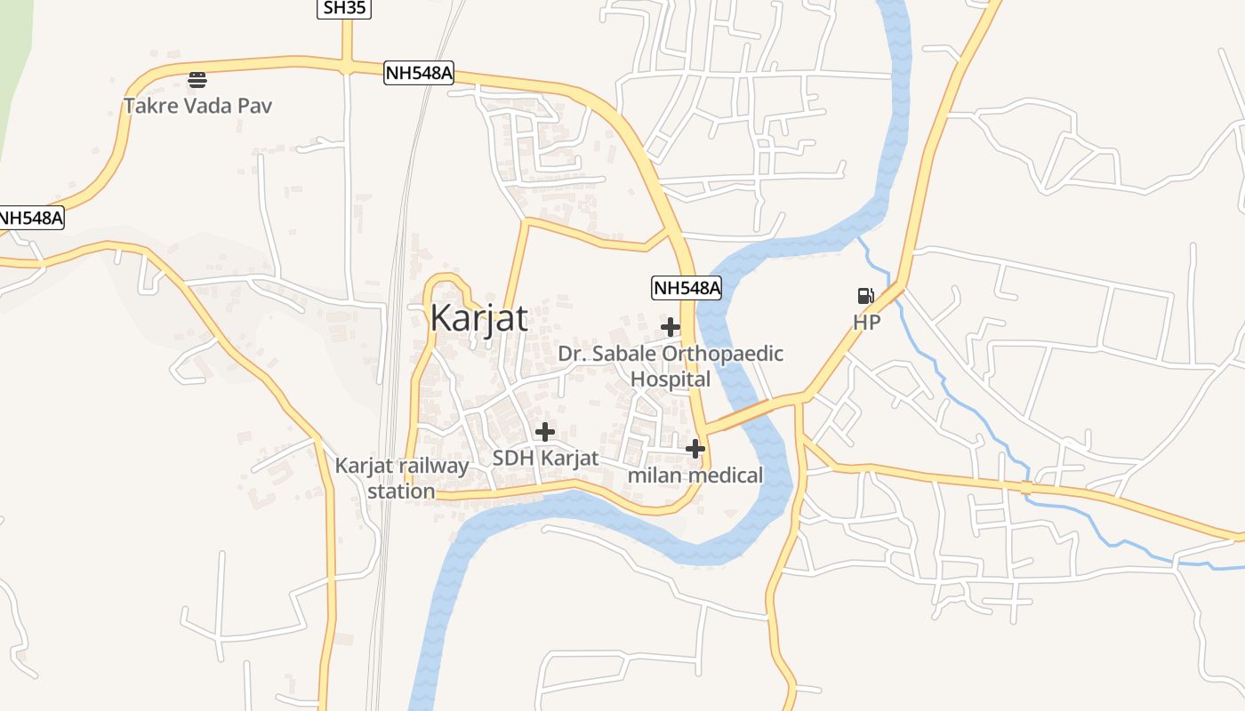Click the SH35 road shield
click(344, 8)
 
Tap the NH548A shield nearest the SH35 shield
click(419, 73)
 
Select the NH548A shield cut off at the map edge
click(32, 218)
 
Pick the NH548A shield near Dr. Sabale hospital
click(686, 288)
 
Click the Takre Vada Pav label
click(197, 106)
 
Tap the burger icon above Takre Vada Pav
click(197, 80)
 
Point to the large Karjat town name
click(478, 317)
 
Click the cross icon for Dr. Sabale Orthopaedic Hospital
click(671, 327)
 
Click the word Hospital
click(671, 379)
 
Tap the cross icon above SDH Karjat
click(544, 432)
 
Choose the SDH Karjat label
click(545, 459)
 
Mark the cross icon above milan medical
click(695, 449)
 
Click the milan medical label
click(695, 475)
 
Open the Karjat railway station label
click(402, 478)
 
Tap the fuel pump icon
click(865, 296)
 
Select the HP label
click(867, 323)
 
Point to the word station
click(402, 491)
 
